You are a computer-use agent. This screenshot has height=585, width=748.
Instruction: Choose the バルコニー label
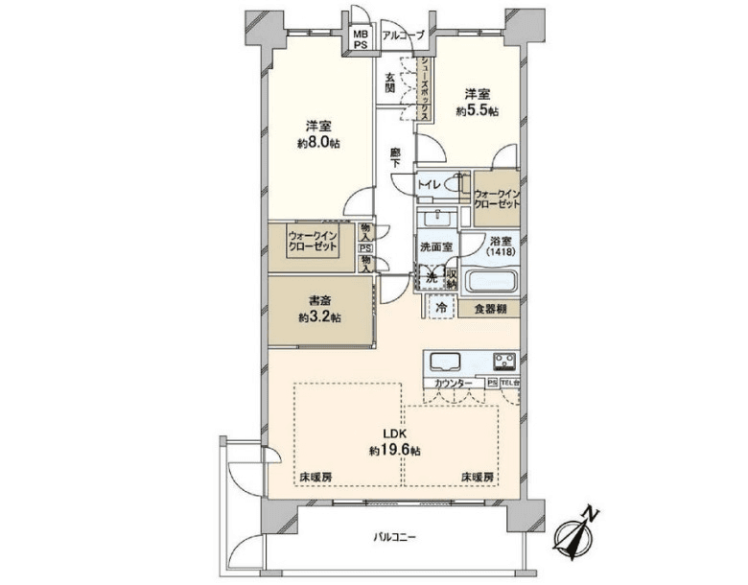point(394,537)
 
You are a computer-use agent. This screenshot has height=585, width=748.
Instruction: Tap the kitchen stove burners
point(505,363)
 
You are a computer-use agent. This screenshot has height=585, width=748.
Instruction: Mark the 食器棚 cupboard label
point(489,309)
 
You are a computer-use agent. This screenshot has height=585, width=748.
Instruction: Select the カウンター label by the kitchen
point(453,384)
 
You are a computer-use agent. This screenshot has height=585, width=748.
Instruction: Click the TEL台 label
point(509,384)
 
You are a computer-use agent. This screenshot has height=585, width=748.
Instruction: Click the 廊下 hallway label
point(395,157)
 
